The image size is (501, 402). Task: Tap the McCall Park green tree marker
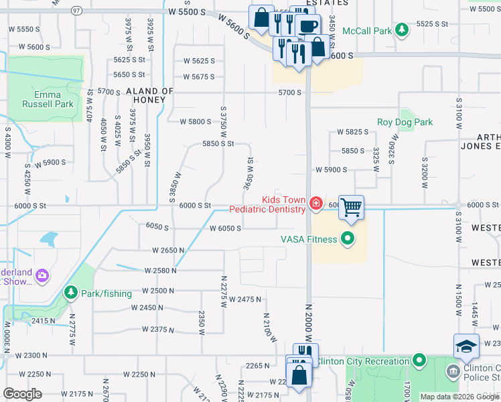pos(401,30)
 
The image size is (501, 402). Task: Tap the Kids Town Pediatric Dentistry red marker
pos(315,203)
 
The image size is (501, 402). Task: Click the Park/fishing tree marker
pos(71,293)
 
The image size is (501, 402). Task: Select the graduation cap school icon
pos(466,346)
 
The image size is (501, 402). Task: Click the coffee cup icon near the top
pos(307,26)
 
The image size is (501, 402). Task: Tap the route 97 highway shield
pos(77,11)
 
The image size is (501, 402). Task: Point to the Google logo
pos(22,394)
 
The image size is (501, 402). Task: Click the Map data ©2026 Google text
pos(459,397)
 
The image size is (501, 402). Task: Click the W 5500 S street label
pos(187,12)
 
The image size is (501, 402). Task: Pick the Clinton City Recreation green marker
pos(419,361)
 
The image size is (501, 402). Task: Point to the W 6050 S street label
pos(224,228)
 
